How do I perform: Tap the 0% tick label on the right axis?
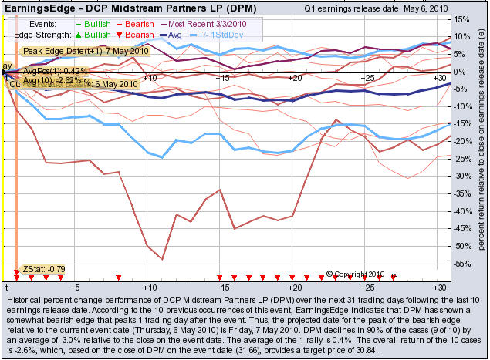[x=460, y=72]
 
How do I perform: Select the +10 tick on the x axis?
[x=150, y=79]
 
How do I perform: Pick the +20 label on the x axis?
[x=295, y=79]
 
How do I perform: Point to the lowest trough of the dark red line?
[x=162, y=259]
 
